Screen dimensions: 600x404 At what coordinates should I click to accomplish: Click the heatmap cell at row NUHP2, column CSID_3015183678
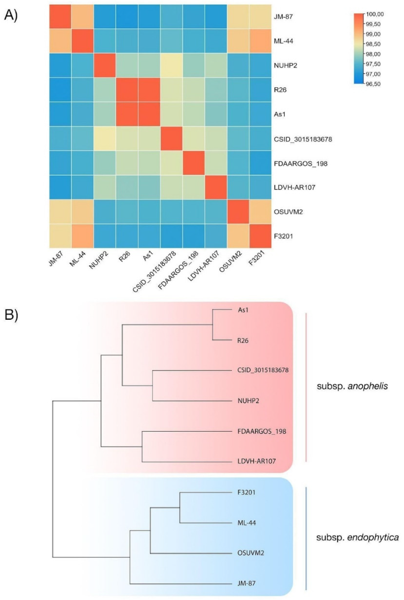(171, 65)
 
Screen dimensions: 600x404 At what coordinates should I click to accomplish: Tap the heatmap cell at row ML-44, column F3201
(260, 41)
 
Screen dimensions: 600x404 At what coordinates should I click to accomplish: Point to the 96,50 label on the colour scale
(373, 84)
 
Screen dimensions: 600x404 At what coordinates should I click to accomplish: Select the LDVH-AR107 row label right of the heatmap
(294, 187)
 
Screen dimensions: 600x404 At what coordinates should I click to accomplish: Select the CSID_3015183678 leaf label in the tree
(263, 370)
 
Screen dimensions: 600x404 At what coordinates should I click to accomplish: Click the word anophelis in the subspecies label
(368, 386)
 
